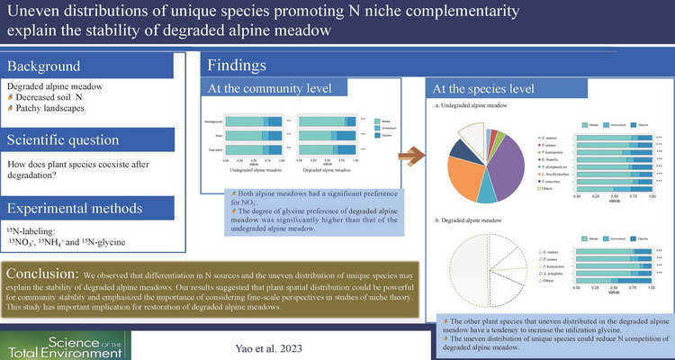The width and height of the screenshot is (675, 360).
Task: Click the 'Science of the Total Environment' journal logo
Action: coord(65,340)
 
